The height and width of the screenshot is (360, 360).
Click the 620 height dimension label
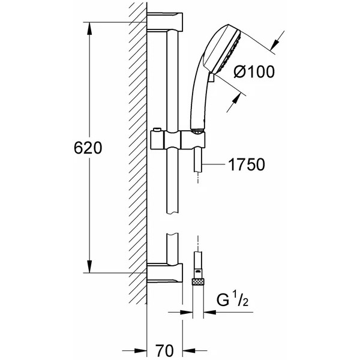coord(88,148)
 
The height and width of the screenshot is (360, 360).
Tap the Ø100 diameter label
coord(254,71)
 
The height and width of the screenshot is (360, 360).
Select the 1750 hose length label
coord(247,164)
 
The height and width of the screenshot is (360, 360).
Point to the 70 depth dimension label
coord(164,350)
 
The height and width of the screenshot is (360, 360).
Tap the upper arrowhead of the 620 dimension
coord(89,28)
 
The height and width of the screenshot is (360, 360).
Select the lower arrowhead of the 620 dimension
coord(89,266)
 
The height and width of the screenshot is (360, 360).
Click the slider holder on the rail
coord(178,139)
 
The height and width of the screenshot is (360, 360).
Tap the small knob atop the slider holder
coord(157,130)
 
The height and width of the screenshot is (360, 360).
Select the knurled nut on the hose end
coord(198,281)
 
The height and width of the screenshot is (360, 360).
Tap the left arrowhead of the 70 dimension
coord(140,350)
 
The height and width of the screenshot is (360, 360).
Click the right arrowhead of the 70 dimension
coord(189,350)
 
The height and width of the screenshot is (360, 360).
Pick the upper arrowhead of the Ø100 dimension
coord(274,45)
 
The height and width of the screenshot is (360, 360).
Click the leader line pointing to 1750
coord(214,164)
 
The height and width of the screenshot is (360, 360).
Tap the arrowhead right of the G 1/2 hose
coord(210,312)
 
